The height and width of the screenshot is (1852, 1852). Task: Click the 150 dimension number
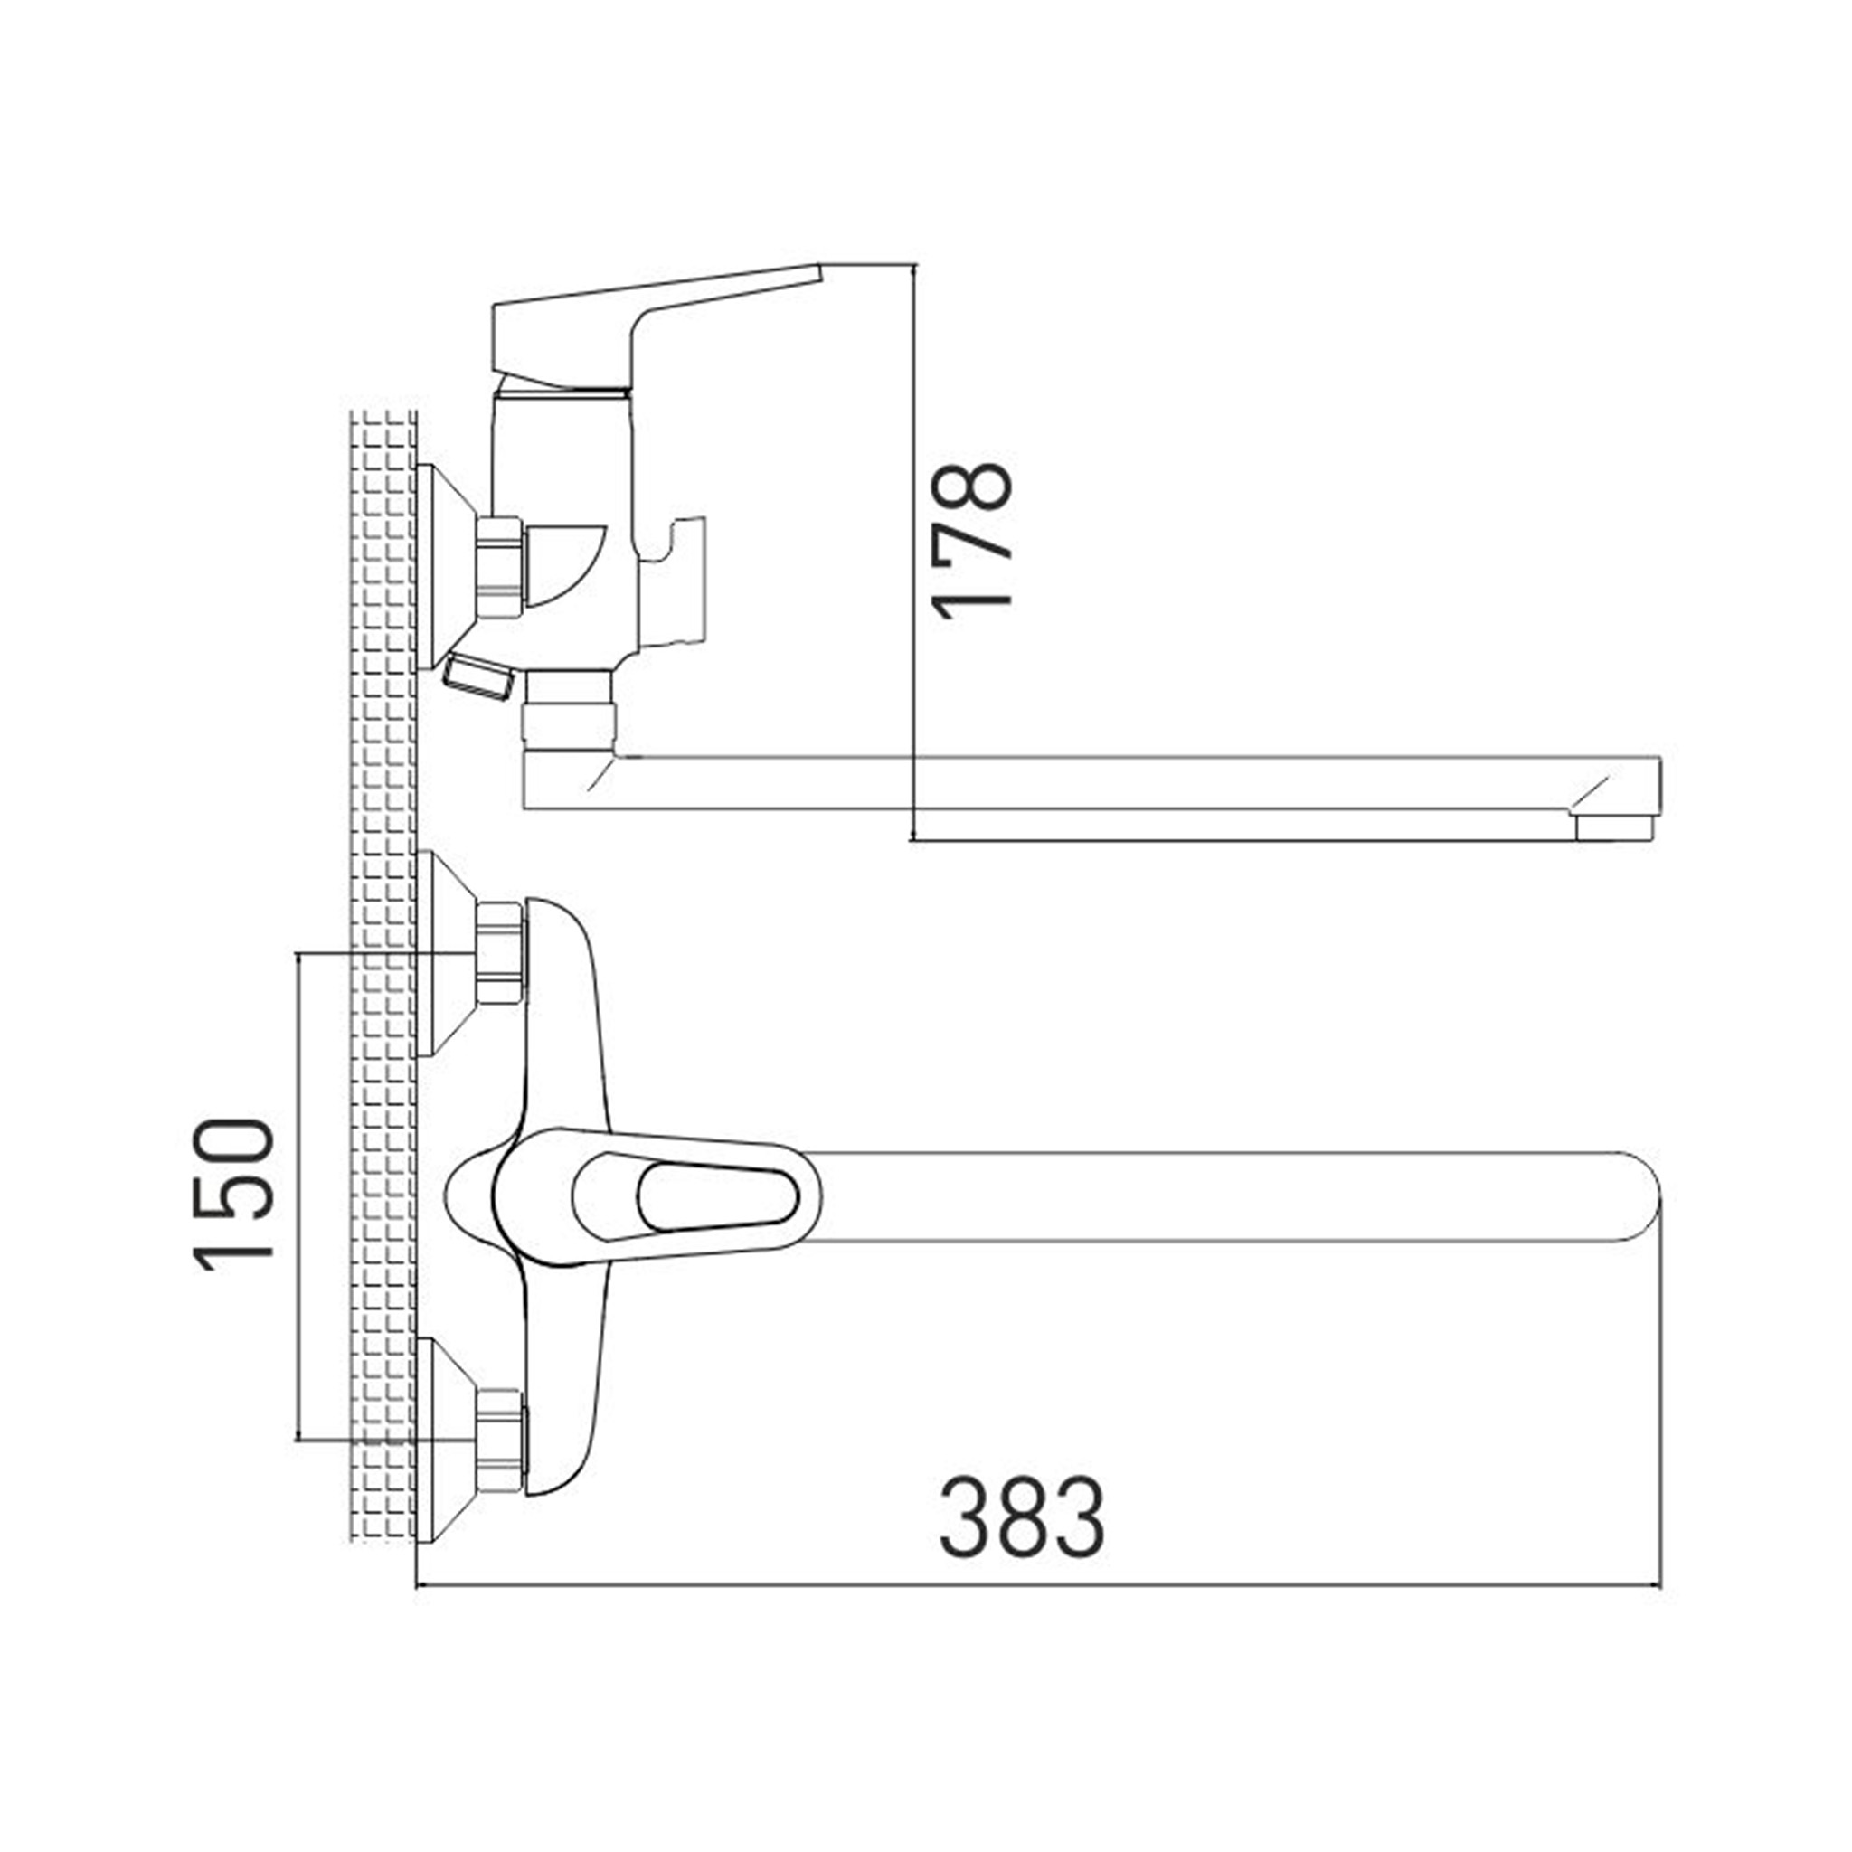click(x=235, y=1195)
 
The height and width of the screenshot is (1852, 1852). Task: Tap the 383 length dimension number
click(x=1022, y=1517)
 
